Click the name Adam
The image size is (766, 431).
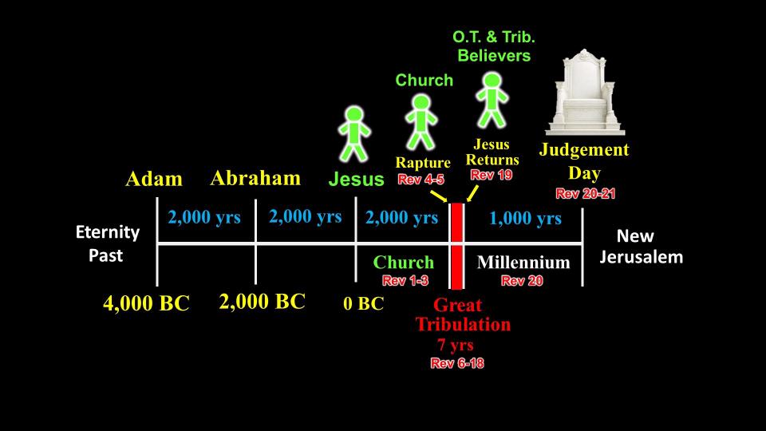(154, 179)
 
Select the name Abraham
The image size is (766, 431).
(255, 178)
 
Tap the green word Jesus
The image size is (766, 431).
(356, 179)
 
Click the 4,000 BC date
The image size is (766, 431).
(146, 303)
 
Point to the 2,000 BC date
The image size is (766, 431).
(263, 302)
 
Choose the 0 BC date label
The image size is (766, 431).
(364, 303)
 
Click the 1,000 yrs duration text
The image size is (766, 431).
(525, 218)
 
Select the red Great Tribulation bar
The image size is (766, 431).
(456, 246)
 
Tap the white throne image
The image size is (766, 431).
(585, 92)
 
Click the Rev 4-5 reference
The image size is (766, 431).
(421, 180)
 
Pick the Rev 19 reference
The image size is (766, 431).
(491, 175)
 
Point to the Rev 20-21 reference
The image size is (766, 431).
(585, 193)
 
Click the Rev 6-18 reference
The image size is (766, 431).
(457, 363)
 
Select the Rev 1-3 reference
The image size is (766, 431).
(405, 280)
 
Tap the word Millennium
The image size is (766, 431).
(523, 263)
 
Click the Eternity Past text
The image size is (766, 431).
(108, 243)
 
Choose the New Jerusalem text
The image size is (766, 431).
(641, 247)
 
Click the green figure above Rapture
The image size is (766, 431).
(421, 122)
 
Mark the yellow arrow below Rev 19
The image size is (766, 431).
(472, 193)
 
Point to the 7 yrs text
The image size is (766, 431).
(456, 345)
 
